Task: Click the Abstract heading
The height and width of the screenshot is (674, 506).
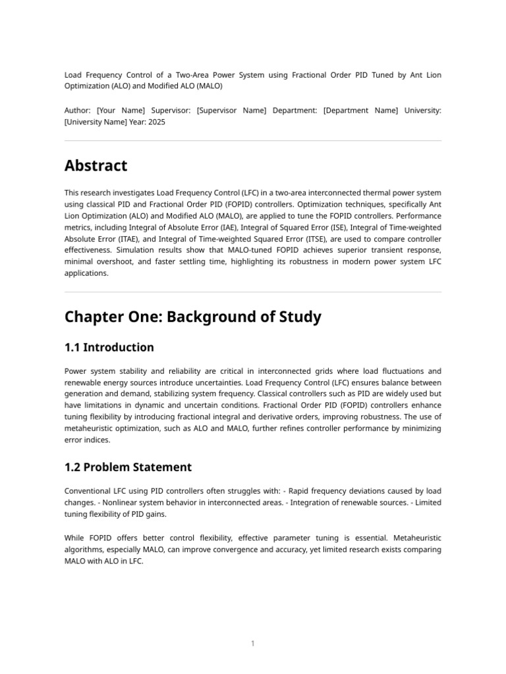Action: [x=96, y=166]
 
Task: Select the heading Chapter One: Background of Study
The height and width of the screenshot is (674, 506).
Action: [x=192, y=317]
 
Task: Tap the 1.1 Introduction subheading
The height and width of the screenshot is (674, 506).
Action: [x=109, y=348]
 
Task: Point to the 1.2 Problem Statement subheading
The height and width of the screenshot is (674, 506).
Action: [x=128, y=467]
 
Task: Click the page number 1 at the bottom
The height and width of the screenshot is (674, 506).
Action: [x=253, y=644]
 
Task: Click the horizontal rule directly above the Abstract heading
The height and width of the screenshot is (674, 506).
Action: [x=253, y=141]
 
